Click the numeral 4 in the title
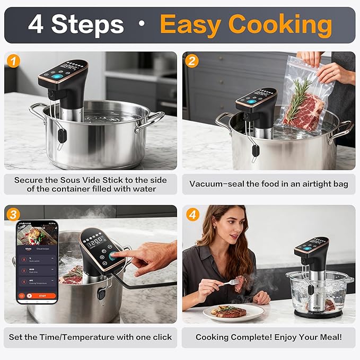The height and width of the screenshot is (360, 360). pyautogui.click(x=36, y=24)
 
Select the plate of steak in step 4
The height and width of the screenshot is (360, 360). pyautogui.click(x=231, y=311)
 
